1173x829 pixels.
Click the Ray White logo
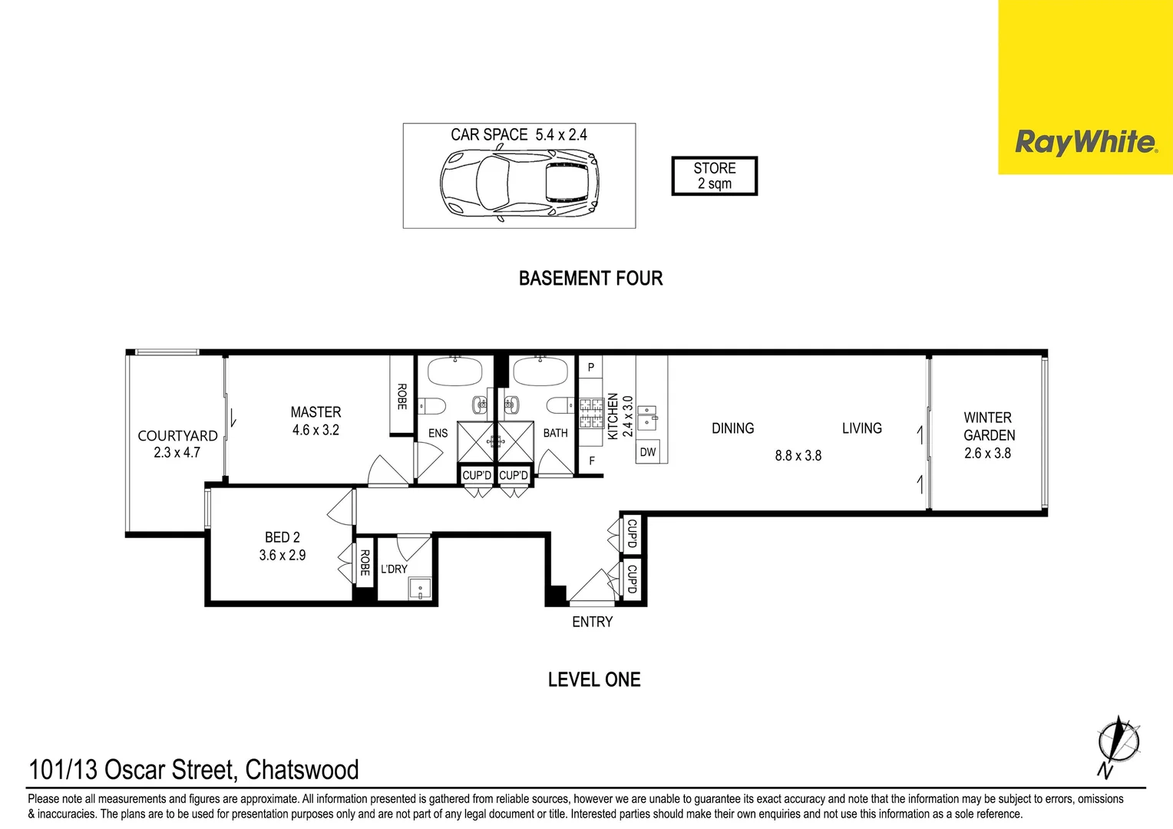(x=1085, y=143)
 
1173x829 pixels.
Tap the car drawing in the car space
(x=520, y=183)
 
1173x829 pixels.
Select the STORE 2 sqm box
(x=714, y=176)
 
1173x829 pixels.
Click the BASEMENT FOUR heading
(x=590, y=279)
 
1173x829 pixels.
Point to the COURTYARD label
(x=177, y=435)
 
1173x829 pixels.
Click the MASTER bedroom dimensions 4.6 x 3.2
(x=316, y=431)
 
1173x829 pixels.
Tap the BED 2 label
(x=283, y=537)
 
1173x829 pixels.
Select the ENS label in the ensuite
(x=438, y=434)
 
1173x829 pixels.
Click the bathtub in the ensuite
(x=455, y=372)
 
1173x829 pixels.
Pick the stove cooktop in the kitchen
(x=591, y=412)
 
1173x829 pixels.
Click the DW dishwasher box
(x=648, y=452)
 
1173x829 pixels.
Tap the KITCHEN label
(x=613, y=416)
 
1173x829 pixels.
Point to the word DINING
(x=732, y=428)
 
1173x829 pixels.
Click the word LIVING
(x=861, y=428)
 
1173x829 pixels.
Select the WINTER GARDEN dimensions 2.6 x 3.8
(x=987, y=454)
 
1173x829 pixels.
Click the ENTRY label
(x=592, y=622)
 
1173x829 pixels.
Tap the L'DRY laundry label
(x=394, y=569)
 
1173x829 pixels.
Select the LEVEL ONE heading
(x=594, y=679)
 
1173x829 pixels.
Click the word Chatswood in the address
(x=302, y=770)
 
